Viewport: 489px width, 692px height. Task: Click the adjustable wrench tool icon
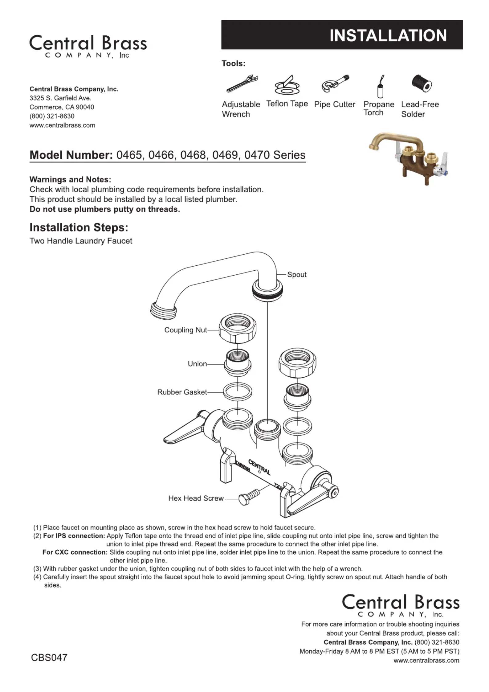pyautogui.click(x=242, y=84)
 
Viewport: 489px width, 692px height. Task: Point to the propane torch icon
pyautogui.click(x=381, y=87)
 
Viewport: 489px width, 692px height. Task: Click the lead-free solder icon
pyautogui.click(x=422, y=84)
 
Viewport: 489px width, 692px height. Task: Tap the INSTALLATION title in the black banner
pyautogui.click(x=388, y=35)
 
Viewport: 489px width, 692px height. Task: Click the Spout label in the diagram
pyautogui.click(x=297, y=275)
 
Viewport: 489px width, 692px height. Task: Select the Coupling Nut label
pyautogui.click(x=185, y=330)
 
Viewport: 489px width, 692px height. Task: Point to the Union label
pyautogui.click(x=197, y=364)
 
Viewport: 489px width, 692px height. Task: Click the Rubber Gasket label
pyautogui.click(x=182, y=392)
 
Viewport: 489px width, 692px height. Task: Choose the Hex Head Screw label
pyautogui.click(x=196, y=498)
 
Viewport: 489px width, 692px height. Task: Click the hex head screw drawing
pyautogui.click(x=249, y=497)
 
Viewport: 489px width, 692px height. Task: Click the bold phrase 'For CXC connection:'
pyautogui.click(x=75, y=552)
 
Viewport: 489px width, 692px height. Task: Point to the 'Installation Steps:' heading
pyautogui.click(x=79, y=227)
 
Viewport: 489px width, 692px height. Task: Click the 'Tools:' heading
pyautogui.click(x=234, y=63)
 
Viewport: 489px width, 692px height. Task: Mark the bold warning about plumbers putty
pyautogui.click(x=105, y=209)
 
